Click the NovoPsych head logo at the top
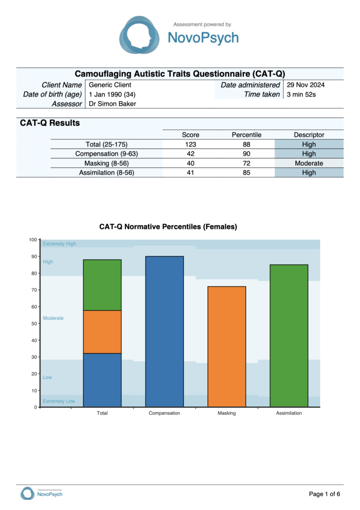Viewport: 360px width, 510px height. (140, 35)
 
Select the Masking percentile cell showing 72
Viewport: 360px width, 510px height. (247, 163)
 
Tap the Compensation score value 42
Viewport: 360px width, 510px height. (191, 154)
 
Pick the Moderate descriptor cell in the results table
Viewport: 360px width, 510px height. (309, 163)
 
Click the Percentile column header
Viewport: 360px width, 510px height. (247, 135)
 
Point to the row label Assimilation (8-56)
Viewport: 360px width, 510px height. (107, 172)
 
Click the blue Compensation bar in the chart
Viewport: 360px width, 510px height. (165, 331)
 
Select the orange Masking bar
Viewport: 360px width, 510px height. (227, 347)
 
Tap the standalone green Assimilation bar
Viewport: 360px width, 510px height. (289, 336)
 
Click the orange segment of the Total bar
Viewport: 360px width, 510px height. (102, 332)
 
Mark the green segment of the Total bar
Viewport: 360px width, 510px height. (102, 285)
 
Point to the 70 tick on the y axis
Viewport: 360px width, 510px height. (34, 290)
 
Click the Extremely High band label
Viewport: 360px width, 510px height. (60, 244)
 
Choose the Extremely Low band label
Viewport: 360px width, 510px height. (59, 401)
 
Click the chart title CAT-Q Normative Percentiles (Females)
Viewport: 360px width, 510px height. (168, 227)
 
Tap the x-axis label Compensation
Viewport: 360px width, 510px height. (164, 413)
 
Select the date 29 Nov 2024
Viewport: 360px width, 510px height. (306, 85)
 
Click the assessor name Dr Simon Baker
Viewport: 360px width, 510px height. (112, 104)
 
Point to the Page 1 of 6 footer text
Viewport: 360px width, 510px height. (324, 494)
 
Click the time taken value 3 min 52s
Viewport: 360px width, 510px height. (301, 94)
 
